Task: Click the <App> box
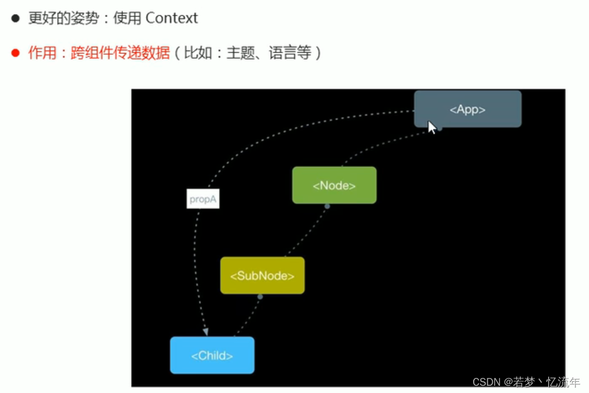467,109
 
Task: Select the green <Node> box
334,185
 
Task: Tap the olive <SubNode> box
262,276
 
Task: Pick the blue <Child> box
212,355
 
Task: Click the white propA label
202,199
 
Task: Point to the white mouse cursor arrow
432,127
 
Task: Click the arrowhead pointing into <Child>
205,331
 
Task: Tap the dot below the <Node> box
327,206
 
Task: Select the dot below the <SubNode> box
260,297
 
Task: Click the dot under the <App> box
440,129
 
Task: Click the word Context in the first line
171,18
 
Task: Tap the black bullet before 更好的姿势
16,18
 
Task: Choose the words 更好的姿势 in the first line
62,18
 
